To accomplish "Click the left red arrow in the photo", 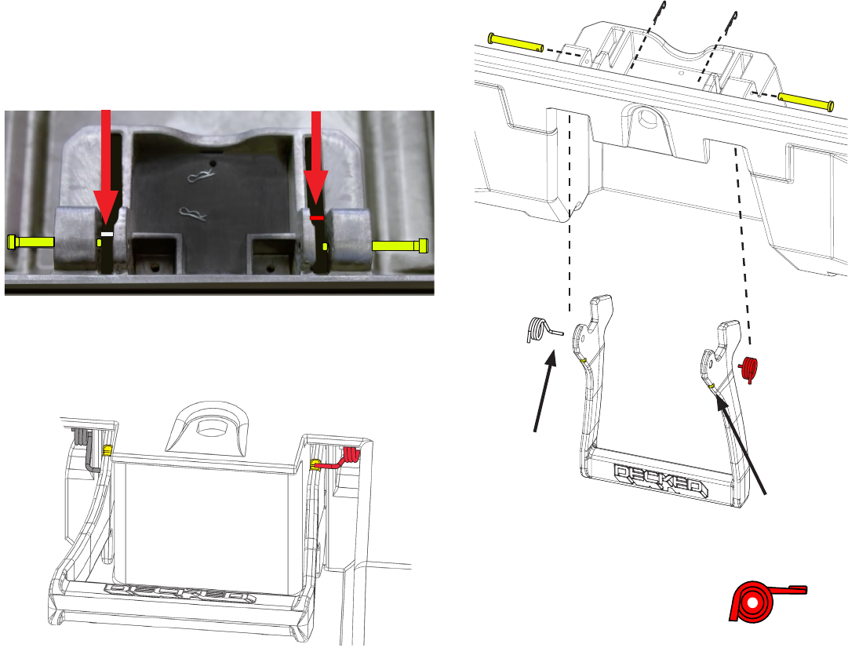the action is [x=106, y=168].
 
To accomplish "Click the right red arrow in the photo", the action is [x=316, y=159].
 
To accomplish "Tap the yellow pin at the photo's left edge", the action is [x=31, y=242].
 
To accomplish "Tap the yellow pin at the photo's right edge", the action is [x=400, y=246].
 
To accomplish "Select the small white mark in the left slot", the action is [x=107, y=235].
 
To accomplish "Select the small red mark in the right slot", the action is [x=317, y=217].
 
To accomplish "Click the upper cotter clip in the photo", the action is [x=201, y=176].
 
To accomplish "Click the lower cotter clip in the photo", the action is [x=193, y=214].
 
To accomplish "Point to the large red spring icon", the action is [x=763, y=601].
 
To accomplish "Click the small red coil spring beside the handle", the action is [x=749, y=369].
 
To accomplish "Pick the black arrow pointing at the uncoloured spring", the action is [x=544, y=391].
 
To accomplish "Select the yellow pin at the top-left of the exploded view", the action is [x=515, y=42].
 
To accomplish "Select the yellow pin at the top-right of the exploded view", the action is [x=806, y=101].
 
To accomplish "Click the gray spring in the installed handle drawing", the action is [x=86, y=448].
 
